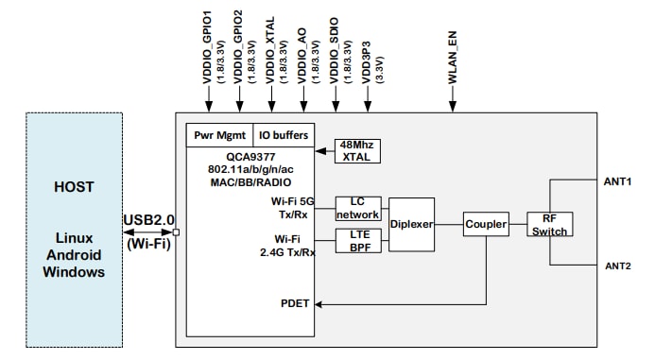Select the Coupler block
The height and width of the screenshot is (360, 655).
[485, 225]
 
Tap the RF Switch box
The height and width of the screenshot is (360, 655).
[551, 223]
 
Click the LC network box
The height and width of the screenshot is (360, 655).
[357, 208]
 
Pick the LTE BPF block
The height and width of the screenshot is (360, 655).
[357, 240]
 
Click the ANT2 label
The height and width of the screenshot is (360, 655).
[616, 266]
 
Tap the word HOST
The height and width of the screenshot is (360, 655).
[73, 187]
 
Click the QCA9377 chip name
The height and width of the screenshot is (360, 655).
[250, 158]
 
